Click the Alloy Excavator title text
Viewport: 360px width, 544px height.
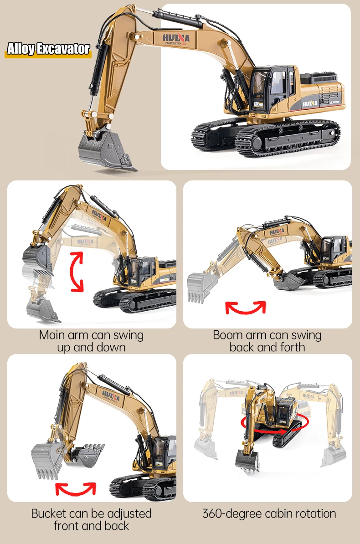48,49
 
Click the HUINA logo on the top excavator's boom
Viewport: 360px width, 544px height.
176,39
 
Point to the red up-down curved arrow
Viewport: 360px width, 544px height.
77,272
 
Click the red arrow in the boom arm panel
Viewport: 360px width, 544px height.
246,308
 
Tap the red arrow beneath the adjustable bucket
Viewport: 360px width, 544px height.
76,488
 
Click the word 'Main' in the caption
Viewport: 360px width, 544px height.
52,335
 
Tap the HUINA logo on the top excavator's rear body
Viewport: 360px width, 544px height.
310,103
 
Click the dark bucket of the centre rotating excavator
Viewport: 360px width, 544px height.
247,460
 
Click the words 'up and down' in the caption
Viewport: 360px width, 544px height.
91,348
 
